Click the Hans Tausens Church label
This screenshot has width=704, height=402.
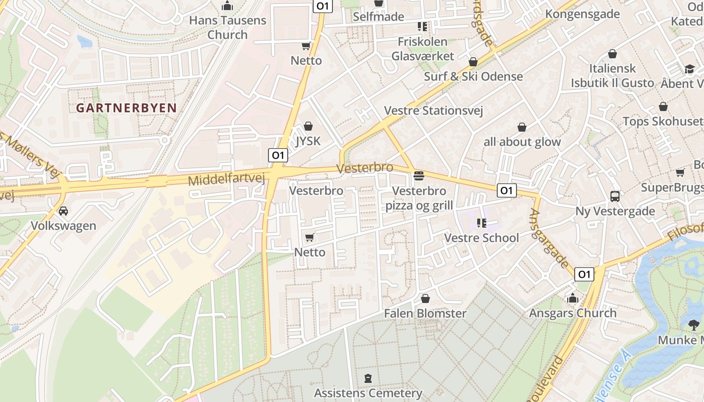pyautogui.click(x=227, y=28)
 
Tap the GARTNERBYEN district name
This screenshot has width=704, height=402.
pyautogui.click(x=126, y=108)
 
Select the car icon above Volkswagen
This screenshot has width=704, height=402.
pyautogui.click(x=63, y=211)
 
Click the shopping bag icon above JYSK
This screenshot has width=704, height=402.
pyautogui.click(x=308, y=126)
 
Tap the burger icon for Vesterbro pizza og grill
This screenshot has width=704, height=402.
pyautogui.click(x=418, y=176)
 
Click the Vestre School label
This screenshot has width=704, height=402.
pyautogui.click(x=481, y=238)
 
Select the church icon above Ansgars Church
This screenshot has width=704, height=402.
pyautogui.click(x=572, y=298)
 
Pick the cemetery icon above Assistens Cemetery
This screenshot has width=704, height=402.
pyautogui.click(x=368, y=378)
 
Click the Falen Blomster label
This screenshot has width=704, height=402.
pyautogui.click(x=425, y=313)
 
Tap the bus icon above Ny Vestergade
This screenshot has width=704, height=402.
pyautogui.click(x=614, y=196)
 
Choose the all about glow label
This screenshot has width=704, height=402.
pyautogui.click(x=522, y=142)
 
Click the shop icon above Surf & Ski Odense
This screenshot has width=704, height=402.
pyautogui.click(x=473, y=62)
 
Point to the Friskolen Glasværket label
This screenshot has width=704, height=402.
pyautogui.click(x=422, y=48)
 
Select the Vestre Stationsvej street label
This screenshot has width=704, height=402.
pyautogui.click(x=433, y=111)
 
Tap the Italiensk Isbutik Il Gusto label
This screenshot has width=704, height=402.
pyautogui.click(x=612, y=75)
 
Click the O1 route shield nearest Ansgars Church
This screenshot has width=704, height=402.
pyautogui.click(x=583, y=274)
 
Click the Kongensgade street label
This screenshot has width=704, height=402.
pyautogui.click(x=582, y=14)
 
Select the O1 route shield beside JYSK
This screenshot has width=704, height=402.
pyautogui.click(x=277, y=155)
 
